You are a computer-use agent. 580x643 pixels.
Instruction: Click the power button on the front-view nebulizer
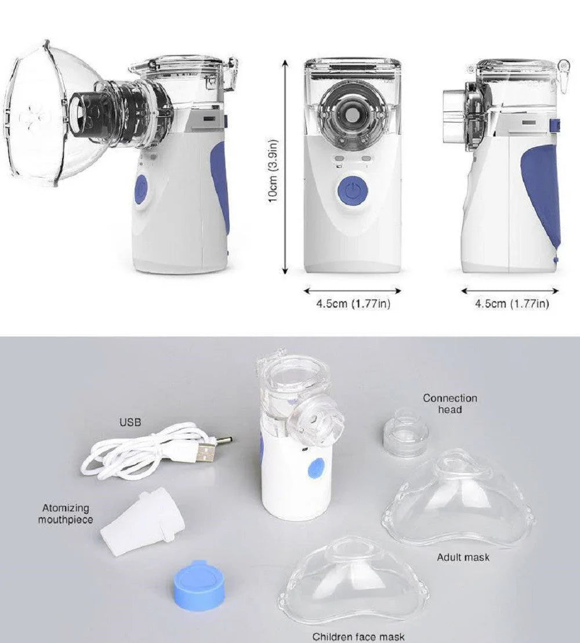coord(353,191)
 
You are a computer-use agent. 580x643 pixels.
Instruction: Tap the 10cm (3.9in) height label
coord(273,171)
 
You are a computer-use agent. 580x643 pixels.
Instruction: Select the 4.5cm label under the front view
coord(353,304)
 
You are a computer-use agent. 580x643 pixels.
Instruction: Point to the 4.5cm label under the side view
coord(512,304)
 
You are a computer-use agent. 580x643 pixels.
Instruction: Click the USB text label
coord(130,422)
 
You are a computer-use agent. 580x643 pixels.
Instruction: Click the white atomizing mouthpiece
coord(142,521)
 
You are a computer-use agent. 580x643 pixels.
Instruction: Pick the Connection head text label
coord(449,403)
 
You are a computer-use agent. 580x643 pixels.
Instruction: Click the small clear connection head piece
coord(406,435)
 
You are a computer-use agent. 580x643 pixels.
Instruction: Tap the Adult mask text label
coord(463,557)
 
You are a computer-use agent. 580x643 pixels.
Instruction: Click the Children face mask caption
coord(358,637)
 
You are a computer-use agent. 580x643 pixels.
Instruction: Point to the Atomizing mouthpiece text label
coord(66,514)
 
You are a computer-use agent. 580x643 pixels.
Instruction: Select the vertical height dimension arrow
coord(286,167)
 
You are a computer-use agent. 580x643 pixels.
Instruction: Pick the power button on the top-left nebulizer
coord(142,192)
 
